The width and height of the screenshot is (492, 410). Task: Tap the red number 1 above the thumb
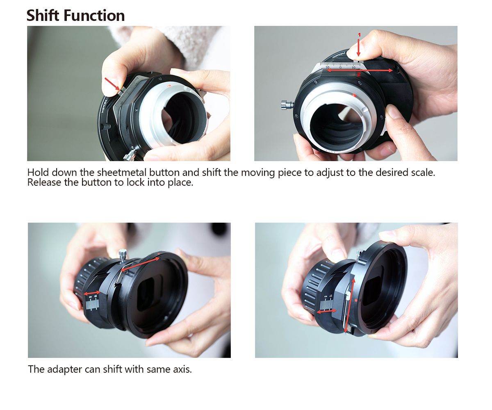point(359,35)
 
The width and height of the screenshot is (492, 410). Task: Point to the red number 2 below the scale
point(359,74)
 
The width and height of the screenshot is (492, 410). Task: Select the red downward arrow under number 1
point(359,48)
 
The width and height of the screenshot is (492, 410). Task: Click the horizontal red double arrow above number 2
point(360,70)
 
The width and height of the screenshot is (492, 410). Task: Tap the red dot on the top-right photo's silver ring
point(354,95)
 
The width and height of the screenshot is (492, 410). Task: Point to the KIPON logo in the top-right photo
point(339,55)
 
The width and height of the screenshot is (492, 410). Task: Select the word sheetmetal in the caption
point(122,173)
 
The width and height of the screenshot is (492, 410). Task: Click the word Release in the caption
point(44,182)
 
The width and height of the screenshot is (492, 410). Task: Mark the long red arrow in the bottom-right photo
point(349,305)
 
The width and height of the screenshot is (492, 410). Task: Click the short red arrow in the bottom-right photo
point(326,312)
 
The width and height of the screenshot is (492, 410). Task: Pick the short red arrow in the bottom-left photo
point(92,293)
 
